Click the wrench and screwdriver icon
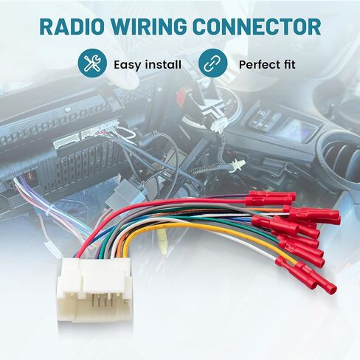tap(92, 63)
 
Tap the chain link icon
tap(212, 63)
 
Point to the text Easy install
tap(148, 65)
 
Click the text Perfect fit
tap(267, 65)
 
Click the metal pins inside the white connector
tap(101, 301)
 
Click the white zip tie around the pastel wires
tap(49, 209)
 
